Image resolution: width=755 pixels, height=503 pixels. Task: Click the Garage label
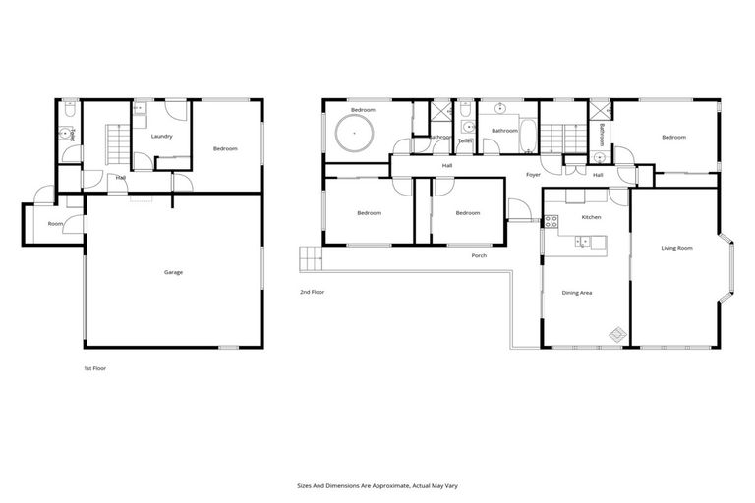[x=173, y=272]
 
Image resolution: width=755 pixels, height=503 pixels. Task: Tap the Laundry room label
[x=161, y=136]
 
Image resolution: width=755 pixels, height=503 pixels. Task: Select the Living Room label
[x=676, y=248]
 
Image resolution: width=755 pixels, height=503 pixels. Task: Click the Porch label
[x=479, y=255]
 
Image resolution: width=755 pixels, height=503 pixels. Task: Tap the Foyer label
[x=533, y=175]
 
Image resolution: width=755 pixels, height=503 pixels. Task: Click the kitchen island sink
[x=584, y=240]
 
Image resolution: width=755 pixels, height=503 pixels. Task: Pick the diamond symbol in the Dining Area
[x=616, y=334]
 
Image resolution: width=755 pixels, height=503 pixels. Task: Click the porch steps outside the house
[x=311, y=259]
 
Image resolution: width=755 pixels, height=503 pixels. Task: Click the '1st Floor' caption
[x=94, y=368]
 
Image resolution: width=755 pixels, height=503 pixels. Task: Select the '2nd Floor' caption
[x=312, y=292]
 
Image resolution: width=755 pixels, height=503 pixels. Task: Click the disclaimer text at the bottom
[x=377, y=485]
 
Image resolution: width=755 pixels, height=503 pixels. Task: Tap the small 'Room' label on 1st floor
[x=55, y=224]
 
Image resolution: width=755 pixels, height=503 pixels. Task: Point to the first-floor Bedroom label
[x=226, y=148]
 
